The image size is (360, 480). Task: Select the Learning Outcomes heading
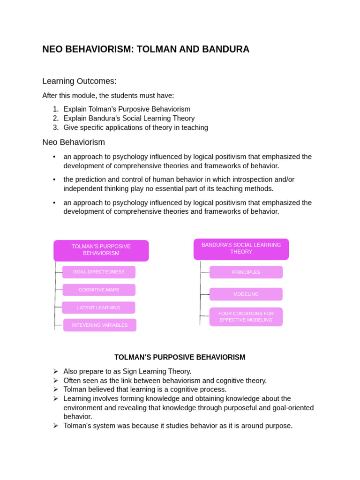pos(79,81)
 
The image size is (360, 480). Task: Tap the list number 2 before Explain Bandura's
pos(56,119)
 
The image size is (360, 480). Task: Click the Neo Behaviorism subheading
pos(74,142)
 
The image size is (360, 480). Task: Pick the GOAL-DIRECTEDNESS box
pos(99,272)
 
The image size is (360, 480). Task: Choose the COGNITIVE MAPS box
pos(99,290)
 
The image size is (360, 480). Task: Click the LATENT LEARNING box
pos(98,307)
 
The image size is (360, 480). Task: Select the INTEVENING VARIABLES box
pos(100,325)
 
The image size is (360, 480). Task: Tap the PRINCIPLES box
pos(246,272)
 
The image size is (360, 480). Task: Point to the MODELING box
pos(246,294)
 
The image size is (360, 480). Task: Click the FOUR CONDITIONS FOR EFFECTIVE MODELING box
pos(246,317)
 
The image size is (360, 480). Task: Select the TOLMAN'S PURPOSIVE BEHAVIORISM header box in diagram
pos(101,250)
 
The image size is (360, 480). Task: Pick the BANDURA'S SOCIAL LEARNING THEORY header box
pos(241,248)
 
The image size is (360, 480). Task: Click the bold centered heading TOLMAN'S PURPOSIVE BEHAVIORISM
pos(180,357)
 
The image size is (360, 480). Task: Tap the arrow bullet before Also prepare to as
pos(55,371)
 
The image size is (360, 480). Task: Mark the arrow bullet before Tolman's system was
pos(55,426)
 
